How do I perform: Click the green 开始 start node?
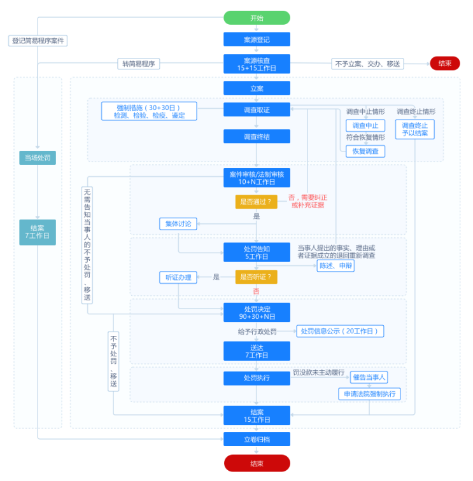(257, 18)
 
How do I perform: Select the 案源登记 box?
(257, 39)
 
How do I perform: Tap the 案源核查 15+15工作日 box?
(257, 64)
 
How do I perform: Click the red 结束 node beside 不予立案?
(444, 64)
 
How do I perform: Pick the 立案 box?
(257, 88)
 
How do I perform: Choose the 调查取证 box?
(257, 110)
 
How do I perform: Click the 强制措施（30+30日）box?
(149, 111)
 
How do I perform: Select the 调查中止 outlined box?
(365, 125)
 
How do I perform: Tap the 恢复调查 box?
(365, 151)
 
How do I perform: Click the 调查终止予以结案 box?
(415, 129)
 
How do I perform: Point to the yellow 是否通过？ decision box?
(257, 202)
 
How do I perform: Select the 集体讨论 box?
(178, 223)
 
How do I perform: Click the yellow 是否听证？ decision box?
(257, 277)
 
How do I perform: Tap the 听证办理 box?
(178, 277)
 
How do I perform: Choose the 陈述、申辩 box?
(335, 266)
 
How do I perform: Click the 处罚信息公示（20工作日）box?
(340, 331)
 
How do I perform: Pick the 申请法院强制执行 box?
(369, 394)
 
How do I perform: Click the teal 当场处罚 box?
(38, 158)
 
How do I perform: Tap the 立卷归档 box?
(257, 439)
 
